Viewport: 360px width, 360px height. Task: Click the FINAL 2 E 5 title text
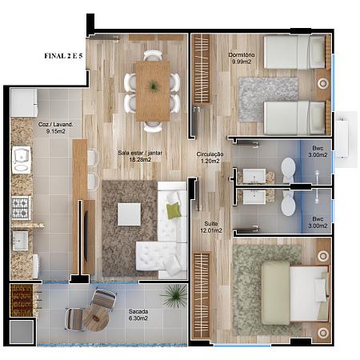click(x=63, y=56)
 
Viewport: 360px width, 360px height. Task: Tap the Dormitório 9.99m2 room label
click(x=242, y=58)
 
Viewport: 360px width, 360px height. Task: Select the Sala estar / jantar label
click(x=140, y=153)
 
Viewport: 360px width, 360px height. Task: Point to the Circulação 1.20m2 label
click(x=210, y=158)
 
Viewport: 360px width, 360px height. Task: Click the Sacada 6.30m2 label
click(x=138, y=314)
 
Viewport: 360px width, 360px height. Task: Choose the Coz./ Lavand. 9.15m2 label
click(x=55, y=128)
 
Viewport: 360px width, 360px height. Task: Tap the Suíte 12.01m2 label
click(x=211, y=227)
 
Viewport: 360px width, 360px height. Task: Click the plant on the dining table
click(x=153, y=86)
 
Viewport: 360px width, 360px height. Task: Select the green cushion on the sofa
click(x=174, y=210)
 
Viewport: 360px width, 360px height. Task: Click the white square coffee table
click(x=130, y=214)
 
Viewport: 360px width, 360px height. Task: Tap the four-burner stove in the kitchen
click(x=21, y=208)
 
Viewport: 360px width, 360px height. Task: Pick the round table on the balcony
click(x=95, y=318)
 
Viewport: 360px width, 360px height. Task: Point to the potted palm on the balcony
click(x=174, y=295)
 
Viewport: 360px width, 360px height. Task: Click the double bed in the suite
click(x=294, y=293)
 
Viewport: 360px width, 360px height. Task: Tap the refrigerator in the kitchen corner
click(x=24, y=102)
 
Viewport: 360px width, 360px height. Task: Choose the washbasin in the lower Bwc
click(x=254, y=197)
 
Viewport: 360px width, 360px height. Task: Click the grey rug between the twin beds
click(x=268, y=99)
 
